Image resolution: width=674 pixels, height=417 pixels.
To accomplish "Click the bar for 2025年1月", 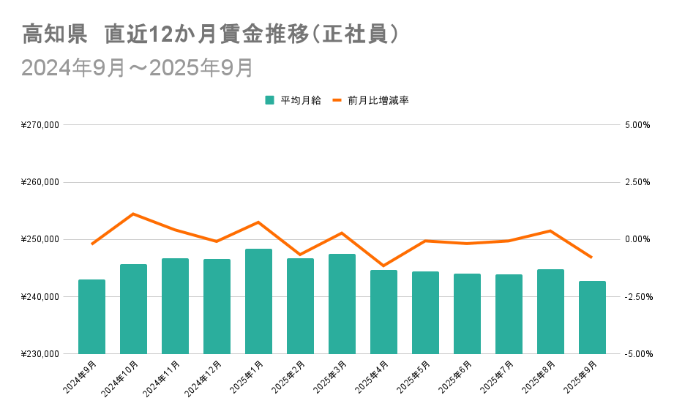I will click(258, 301).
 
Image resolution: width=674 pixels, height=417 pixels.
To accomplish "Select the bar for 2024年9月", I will click(91, 317).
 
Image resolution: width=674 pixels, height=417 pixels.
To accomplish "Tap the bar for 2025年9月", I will click(592, 318).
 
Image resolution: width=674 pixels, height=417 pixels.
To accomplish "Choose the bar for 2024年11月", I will click(175, 306).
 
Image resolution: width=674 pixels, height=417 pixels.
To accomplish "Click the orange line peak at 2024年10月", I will click(133, 214).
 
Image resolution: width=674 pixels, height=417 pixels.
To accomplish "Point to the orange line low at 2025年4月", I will click(383, 266).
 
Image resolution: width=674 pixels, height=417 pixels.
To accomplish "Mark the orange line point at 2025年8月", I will click(550, 230).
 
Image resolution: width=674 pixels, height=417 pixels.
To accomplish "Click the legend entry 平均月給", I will click(293, 100).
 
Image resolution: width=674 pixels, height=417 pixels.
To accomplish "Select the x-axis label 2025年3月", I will click(331, 377).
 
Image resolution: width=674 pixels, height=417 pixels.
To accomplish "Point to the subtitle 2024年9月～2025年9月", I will click(138, 67).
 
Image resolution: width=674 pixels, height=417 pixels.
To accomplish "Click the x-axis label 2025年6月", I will click(456, 377).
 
